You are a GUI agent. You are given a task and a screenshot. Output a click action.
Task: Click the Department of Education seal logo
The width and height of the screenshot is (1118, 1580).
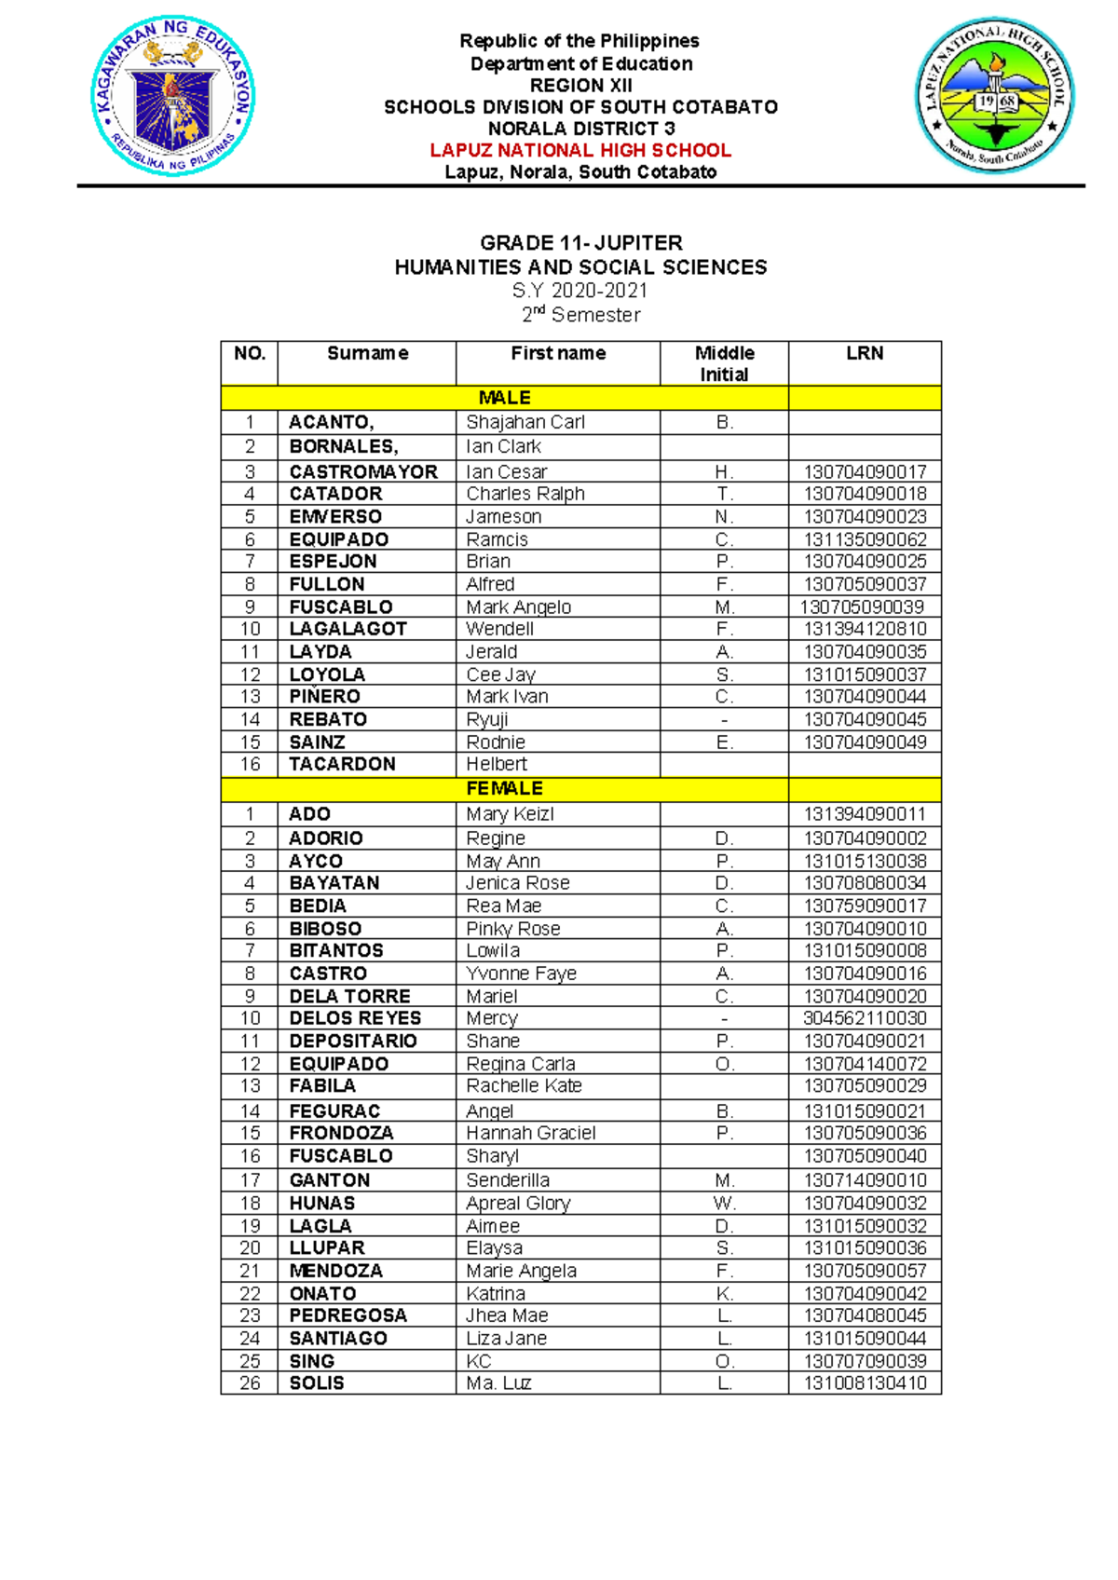(x=173, y=96)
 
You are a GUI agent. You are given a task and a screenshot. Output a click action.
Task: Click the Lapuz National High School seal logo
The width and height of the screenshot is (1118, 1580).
(x=994, y=95)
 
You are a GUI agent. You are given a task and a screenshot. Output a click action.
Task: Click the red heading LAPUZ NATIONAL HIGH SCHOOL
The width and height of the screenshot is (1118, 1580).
(x=580, y=150)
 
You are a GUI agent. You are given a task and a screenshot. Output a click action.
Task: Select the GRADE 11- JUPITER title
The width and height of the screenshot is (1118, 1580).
(x=580, y=243)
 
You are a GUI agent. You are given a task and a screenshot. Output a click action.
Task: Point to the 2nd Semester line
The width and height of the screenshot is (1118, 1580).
(x=580, y=315)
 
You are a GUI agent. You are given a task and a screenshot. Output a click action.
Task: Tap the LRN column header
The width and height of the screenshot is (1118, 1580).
(x=865, y=353)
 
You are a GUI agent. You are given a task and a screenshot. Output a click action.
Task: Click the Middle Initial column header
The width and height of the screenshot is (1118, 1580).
(x=724, y=363)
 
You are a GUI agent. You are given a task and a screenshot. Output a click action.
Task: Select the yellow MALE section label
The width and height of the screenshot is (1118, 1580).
(x=504, y=398)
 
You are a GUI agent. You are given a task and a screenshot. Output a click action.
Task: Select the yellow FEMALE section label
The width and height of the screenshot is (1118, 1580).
(x=504, y=788)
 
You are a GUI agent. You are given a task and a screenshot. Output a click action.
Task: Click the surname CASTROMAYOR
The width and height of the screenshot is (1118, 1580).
(x=363, y=472)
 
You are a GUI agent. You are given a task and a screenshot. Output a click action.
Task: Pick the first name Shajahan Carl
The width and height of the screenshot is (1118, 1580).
(x=525, y=422)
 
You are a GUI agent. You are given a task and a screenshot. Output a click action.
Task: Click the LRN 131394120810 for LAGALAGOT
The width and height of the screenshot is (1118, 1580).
(x=865, y=629)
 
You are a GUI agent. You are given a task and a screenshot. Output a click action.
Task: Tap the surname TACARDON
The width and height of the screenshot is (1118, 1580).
(x=342, y=764)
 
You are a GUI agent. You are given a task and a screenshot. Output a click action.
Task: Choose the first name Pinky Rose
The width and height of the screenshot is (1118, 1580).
(x=513, y=929)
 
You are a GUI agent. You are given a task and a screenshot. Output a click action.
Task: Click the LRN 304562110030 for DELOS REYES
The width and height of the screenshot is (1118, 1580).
(x=865, y=1018)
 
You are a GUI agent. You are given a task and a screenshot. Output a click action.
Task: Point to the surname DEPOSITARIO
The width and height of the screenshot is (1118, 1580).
(x=353, y=1041)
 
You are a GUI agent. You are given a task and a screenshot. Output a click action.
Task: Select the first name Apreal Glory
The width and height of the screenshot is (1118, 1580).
(x=518, y=1203)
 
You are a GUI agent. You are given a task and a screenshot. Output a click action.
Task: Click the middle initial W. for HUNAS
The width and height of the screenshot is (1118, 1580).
(x=724, y=1203)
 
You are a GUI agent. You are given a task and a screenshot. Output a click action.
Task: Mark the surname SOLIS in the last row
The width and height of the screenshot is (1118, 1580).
(x=317, y=1382)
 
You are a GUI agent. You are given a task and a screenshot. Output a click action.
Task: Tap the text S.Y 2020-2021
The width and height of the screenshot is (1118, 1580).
(x=580, y=291)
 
